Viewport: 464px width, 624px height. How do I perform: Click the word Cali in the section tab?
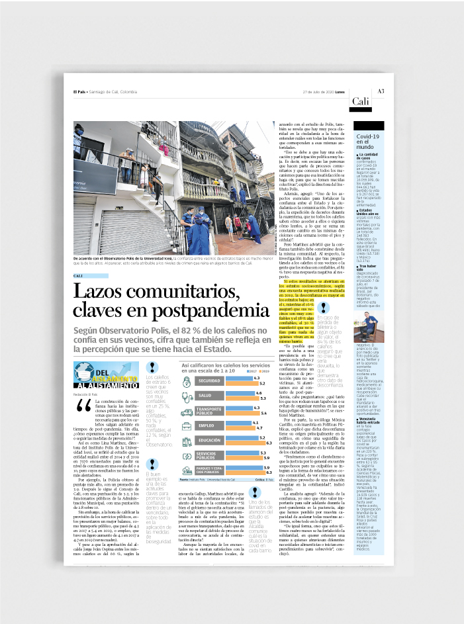point(361,101)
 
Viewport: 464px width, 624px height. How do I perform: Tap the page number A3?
point(381,91)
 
